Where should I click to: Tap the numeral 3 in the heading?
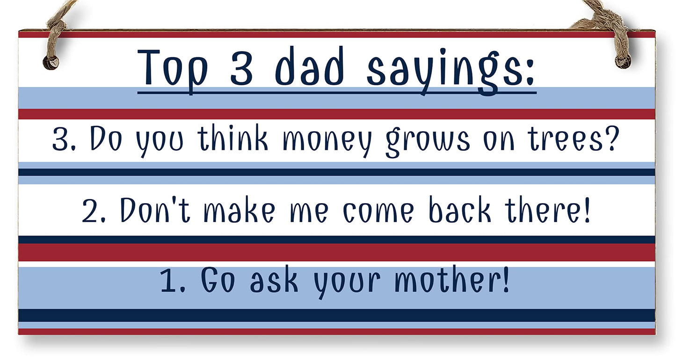[241, 68]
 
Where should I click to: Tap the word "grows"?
[427, 140]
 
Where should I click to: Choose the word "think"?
[232, 139]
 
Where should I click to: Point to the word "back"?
[460, 209]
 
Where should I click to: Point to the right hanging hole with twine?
[623, 60]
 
